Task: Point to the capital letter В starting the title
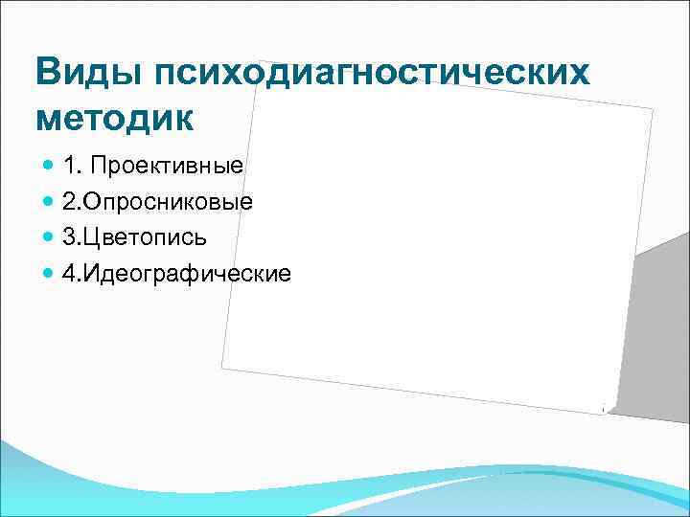pos(47,72)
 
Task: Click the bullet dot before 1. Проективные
pos(50,167)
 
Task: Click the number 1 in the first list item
pos(69,166)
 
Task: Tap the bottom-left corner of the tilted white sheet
pos(222,367)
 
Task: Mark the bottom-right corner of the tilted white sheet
pos(610,414)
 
